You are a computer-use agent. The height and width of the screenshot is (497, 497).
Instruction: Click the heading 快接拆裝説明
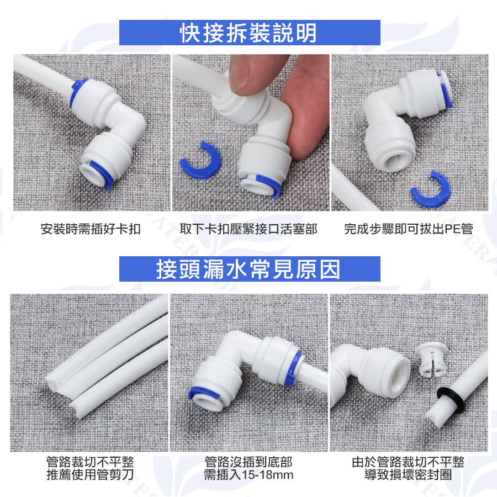pyautogui.click(x=248, y=33)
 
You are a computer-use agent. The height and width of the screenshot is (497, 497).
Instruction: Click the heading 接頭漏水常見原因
pyautogui.click(x=248, y=269)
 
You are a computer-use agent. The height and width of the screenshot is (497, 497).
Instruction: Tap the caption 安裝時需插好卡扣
pyautogui.click(x=91, y=229)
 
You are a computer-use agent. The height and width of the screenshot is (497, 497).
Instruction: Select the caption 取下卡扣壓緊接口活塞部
pyautogui.click(x=248, y=229)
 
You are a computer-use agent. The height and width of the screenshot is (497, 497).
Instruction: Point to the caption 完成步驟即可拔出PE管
pyautogui.click(x=409, y=229)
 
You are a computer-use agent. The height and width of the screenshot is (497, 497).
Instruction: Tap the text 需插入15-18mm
pyautogui.click(x=248, y=474)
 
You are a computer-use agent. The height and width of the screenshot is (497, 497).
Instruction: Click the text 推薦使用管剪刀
pyautogui.click(x=90, y=474)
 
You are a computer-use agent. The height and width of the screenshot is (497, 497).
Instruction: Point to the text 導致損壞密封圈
pyautogui.click(x=408, y=474)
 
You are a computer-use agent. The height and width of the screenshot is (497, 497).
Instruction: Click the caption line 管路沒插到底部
pyautogui.click(x=248, y=462)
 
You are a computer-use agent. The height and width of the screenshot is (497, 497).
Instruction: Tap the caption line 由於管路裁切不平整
pyautogui.click(x=408, y=462)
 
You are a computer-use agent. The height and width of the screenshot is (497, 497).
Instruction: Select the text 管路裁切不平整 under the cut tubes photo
pyautogui.click(x=90, y=462)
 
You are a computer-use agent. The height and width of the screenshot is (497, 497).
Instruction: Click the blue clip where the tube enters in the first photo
pyautogui.click(x=76, y=92)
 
